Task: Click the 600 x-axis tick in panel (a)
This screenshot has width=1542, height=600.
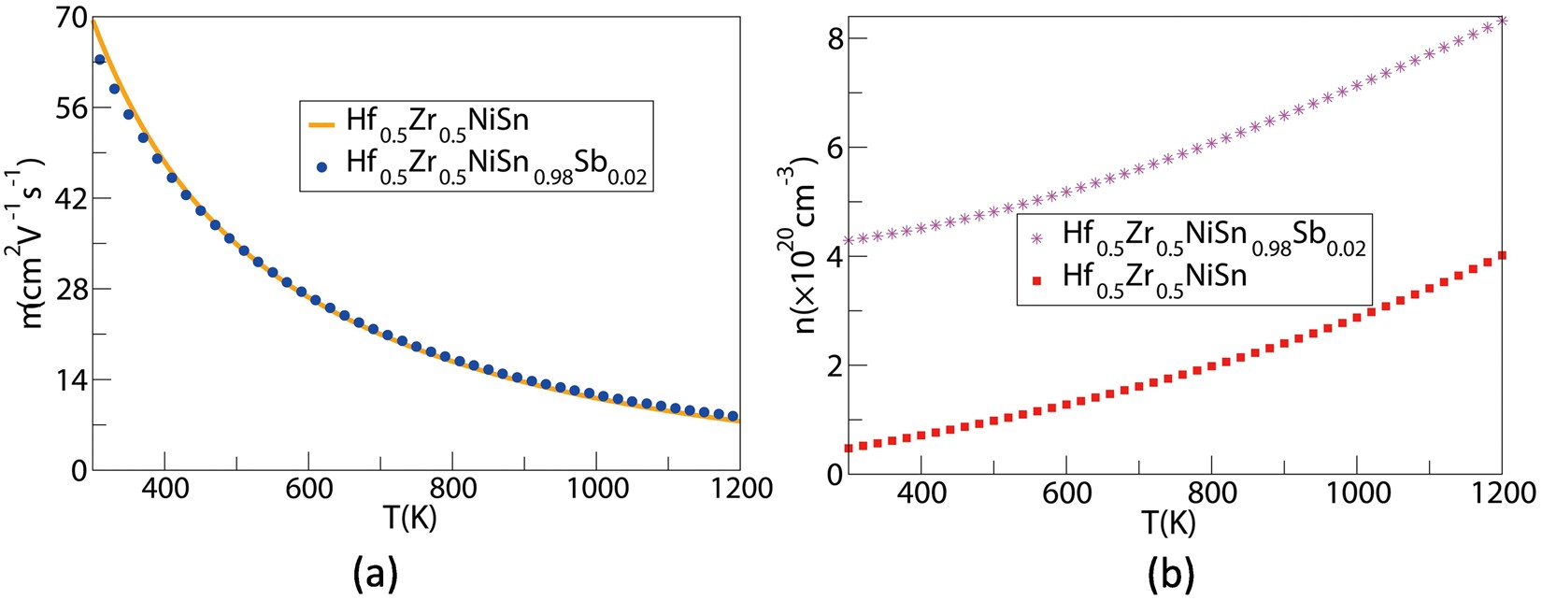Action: click(x=308, y=488)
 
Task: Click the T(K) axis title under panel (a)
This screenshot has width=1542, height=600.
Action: click(x=410, y=517)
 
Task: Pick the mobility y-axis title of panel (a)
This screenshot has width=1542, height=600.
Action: click(x=34, y=243)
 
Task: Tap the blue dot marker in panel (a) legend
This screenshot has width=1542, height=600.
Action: click(x=321, y=167)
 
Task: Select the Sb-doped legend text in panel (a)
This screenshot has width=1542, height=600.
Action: click(x=495, y=165)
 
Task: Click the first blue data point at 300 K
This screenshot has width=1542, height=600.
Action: click(x=100, y=60)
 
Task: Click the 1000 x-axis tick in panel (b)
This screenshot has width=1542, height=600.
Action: click(x=1356, y=492)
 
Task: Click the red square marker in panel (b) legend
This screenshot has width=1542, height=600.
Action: click(x=1035, y=279)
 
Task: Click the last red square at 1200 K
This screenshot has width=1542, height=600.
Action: click(x=1502, y=255)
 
